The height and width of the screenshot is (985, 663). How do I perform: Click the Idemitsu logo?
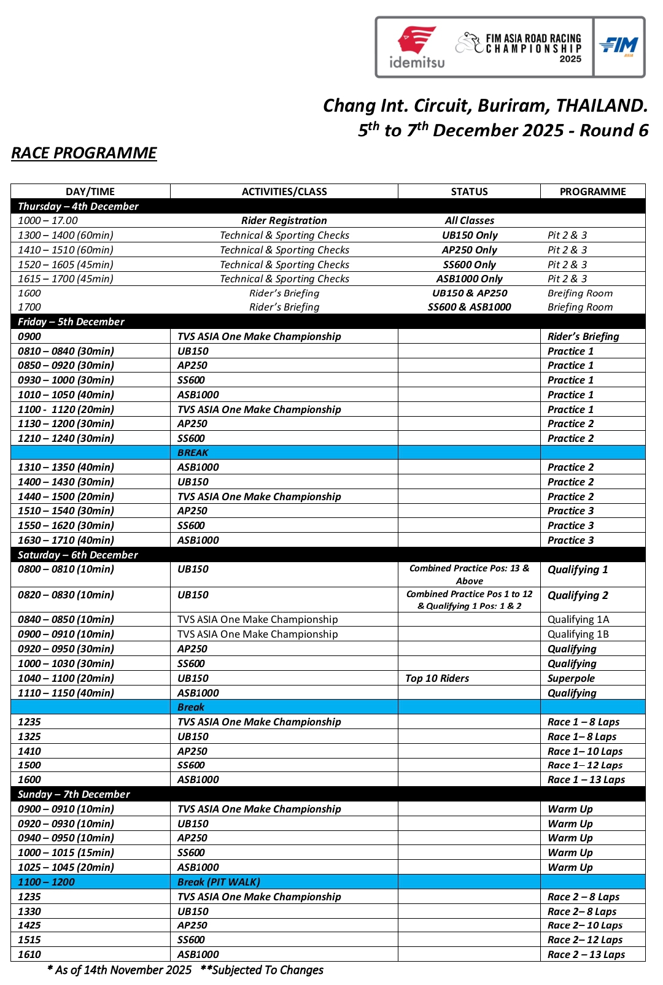(x=417, y=47)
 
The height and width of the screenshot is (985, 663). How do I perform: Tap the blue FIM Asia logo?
(x=619, y=47)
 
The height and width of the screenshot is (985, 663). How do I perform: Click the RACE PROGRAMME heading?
(x=84, y=153)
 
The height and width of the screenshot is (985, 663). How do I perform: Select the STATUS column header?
(x=469, y=191)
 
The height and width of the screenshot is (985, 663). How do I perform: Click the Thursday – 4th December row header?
(x=78, y=206)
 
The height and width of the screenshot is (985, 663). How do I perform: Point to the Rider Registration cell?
(x=284, y=220)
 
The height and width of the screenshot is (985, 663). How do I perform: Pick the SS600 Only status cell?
(x=469, y=265)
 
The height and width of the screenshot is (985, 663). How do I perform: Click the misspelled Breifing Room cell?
(x=580, y=293)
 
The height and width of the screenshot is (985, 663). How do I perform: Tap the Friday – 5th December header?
(x=71, y=322)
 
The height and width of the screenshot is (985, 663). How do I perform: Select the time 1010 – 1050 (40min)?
(x=66, y=395)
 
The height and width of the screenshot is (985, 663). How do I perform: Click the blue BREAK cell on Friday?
(x=193, y=452)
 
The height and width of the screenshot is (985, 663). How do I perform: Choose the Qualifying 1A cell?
(x=578, y=619)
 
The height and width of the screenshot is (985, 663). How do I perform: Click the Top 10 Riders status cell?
(x=437, y=678)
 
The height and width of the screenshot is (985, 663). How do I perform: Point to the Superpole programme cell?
(x=571, y=678)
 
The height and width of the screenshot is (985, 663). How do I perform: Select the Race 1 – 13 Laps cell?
(x=586, y=779)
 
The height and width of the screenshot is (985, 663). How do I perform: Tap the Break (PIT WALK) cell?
(x=219, y=882)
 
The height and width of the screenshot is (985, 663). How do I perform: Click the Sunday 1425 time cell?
(x=29, y=925)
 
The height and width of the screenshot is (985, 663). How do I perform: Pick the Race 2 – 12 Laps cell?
(x=585, y=940)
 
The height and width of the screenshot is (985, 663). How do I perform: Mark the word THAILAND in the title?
(x=601, y=106)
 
